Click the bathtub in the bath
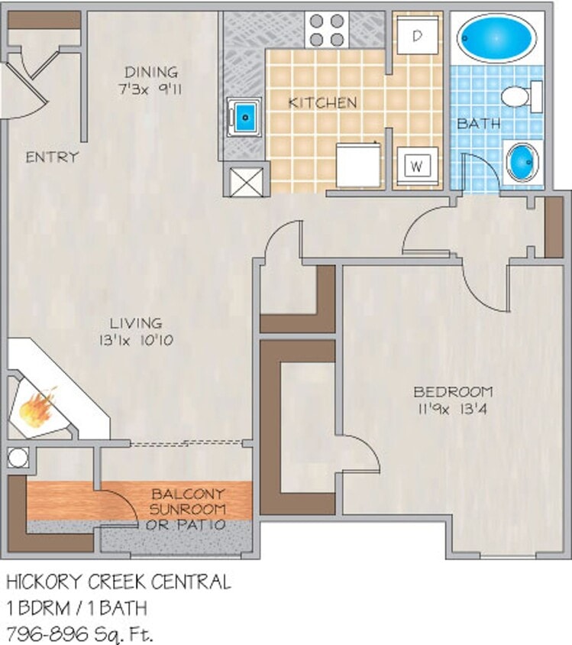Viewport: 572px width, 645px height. [496, 38]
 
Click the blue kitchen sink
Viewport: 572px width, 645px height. [244, 117]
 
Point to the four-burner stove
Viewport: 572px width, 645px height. [328, 31]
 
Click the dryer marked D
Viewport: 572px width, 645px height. [418, 35]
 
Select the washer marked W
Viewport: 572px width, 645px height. [417, 164]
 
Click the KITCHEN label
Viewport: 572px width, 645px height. [322, 102]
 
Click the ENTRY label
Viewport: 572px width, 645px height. [52, 157]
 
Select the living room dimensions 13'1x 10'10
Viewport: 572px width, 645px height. [135, 339]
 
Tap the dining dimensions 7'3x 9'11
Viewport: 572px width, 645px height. [154, 89]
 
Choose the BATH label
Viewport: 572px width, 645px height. [479, 122]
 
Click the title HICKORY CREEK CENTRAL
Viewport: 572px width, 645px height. [118, 582]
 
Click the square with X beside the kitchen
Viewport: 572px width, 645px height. [245, 180]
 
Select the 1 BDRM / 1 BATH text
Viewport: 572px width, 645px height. [77, 608]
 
